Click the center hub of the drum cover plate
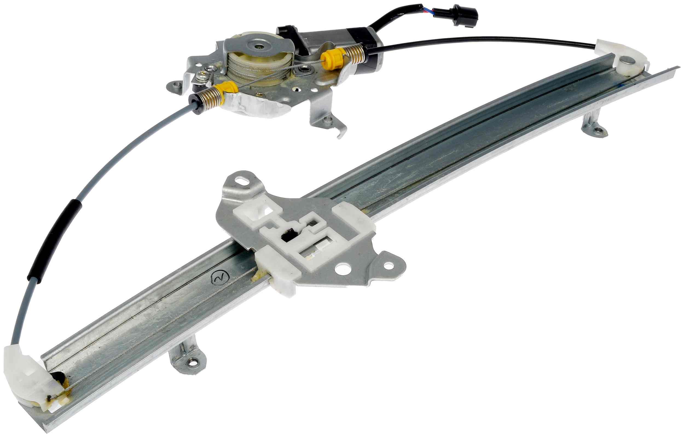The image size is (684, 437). click(x=259, y=46)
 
